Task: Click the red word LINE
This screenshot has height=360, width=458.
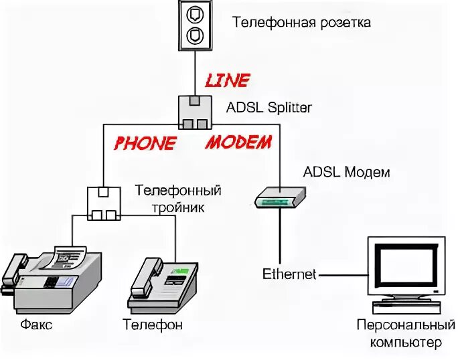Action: tap(226, 81)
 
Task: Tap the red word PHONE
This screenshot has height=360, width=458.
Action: tap(145, 143)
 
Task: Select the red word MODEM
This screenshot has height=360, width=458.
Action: tap(238, 142)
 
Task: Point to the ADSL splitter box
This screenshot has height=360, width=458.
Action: tap(195, 112)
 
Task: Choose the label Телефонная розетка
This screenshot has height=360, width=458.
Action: tap(301, 22)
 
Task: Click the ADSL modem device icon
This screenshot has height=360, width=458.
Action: tap(280, 196)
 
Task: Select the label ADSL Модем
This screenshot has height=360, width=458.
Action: tap(346, 172)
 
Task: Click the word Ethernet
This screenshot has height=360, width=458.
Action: tap(289, 274)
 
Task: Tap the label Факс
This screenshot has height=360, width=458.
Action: tap(36, 326)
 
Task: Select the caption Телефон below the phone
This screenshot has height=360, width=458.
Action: tap(153, 326)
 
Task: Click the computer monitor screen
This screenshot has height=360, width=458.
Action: tap(406, 267)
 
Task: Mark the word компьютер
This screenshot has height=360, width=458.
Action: tap(399, 343)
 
